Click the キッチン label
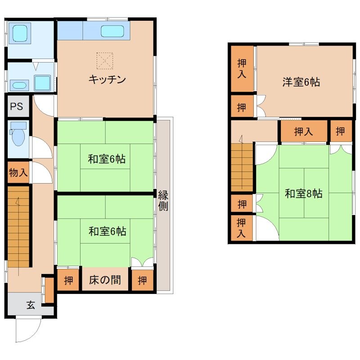(x=107, y=80)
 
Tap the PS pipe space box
(x=17, y=107)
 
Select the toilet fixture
(x=18, y=135)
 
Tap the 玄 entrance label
(x=30, y=305)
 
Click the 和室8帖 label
(x=303, y=194)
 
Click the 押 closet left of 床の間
(x=68, y=280)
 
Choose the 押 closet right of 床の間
(x=142, y=280)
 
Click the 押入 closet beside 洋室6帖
(x=242, y=69)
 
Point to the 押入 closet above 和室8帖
(x=303, y=131)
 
